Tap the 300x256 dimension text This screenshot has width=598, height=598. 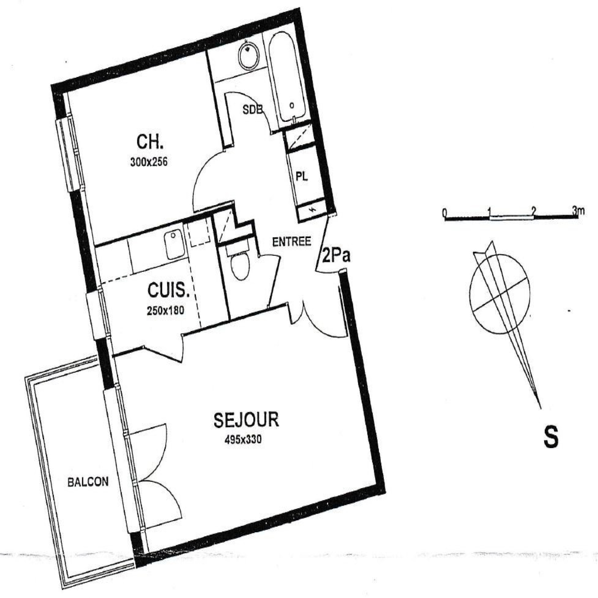coord(149,162)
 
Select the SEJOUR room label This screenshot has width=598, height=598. coord(246,420)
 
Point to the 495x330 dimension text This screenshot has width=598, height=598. coord(243,440)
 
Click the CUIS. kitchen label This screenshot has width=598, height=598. coord(169,290)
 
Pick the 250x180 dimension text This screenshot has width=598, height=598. coord(166,311)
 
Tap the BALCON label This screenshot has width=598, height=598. coord(88,482)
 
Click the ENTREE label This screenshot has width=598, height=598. coord(292,242)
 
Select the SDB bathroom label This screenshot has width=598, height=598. coord(253,110)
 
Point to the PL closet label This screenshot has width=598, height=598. coord(302,176)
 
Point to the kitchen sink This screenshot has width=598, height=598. coord(175,244)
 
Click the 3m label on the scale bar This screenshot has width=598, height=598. coord(578,211)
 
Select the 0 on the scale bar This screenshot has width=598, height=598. coord(444,213)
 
